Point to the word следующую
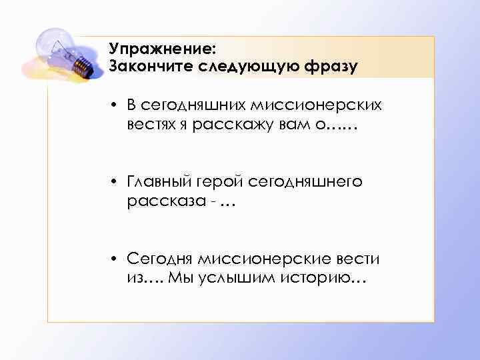click(x=244, y=66)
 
